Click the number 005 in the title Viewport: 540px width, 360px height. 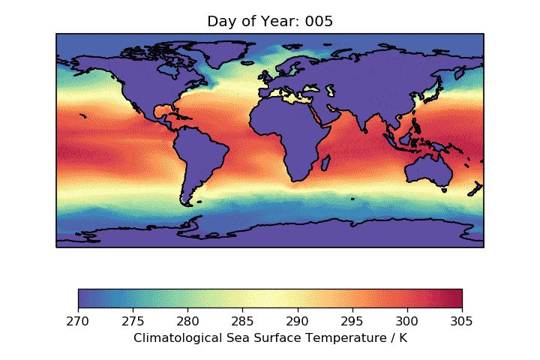point(319,22)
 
